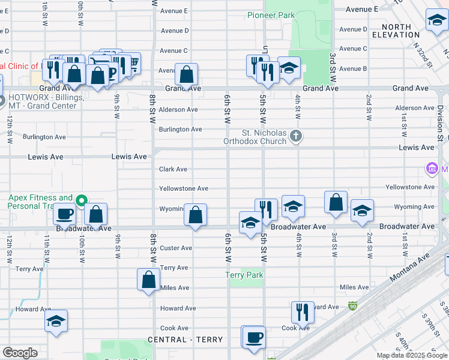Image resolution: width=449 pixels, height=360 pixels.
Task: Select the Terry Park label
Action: click(x=244, y=275)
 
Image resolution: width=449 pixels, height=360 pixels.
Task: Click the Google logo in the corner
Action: click(x=20, y=353)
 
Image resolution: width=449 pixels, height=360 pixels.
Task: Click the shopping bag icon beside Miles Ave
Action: click(x=149, y=279)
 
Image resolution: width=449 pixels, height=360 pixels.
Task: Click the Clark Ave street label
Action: click(x=173, y=169)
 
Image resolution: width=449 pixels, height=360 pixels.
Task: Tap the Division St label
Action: click(x=440, y=124)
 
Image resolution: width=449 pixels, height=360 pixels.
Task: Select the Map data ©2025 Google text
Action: click(x=412, y=355)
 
